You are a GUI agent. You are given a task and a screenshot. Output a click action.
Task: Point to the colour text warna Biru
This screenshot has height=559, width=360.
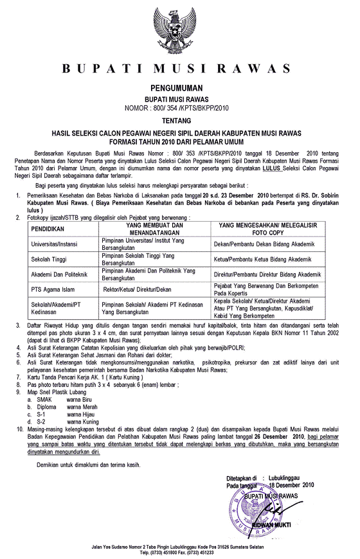pos(81,399)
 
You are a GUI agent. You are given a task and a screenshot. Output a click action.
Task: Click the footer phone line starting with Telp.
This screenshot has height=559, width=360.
pos(180,552)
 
